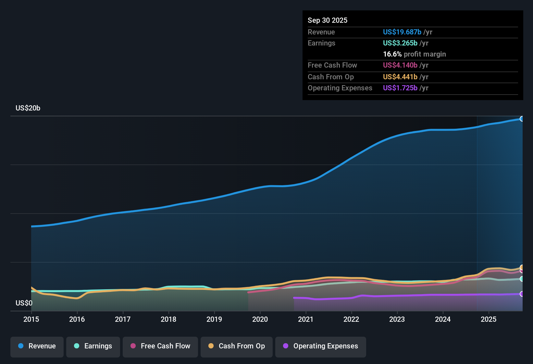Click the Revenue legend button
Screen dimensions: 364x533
click(37, 346)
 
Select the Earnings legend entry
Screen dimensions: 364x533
click(93, 346)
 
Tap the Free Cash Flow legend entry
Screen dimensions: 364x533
click(160, 346)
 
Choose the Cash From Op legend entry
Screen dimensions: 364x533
click(237, 346)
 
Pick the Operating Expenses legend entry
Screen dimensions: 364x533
click(321, 346)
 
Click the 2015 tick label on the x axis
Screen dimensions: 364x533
click(31, 319)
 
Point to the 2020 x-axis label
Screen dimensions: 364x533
click(260, 319)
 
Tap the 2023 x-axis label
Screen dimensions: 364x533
click(397, 319)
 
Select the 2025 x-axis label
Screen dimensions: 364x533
click(489, 319)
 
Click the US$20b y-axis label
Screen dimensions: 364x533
click(28, 108)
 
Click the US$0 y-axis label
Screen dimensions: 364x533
click(24, 303)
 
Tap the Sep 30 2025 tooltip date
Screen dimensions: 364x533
click(328, 20)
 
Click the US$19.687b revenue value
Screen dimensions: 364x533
click(402, 32)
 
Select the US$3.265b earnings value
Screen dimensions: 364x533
click(400, 43)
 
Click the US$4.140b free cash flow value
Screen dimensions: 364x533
click(400, 65)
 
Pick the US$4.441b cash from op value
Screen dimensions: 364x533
click(400, 77)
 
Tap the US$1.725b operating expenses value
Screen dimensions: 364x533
click(400, 88)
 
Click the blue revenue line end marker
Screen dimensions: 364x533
click(522, 119)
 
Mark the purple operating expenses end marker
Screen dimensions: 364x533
click(522, 294)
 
